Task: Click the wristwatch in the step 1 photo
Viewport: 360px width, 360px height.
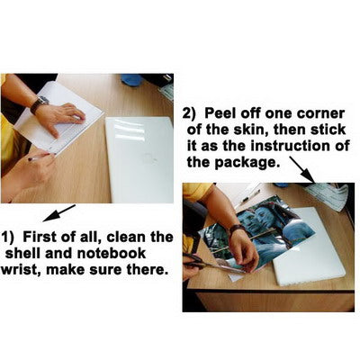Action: (40, 103)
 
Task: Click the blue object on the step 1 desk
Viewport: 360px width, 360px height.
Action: (132, 79)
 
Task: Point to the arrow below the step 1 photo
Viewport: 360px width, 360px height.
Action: (59, 213)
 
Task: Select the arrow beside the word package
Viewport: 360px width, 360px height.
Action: (302, 169)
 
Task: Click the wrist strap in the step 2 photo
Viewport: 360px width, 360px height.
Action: (236, 229)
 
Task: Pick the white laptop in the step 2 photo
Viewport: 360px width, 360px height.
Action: (310, 246)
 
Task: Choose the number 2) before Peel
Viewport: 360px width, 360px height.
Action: (190, 114)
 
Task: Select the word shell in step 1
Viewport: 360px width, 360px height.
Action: (23, 253)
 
